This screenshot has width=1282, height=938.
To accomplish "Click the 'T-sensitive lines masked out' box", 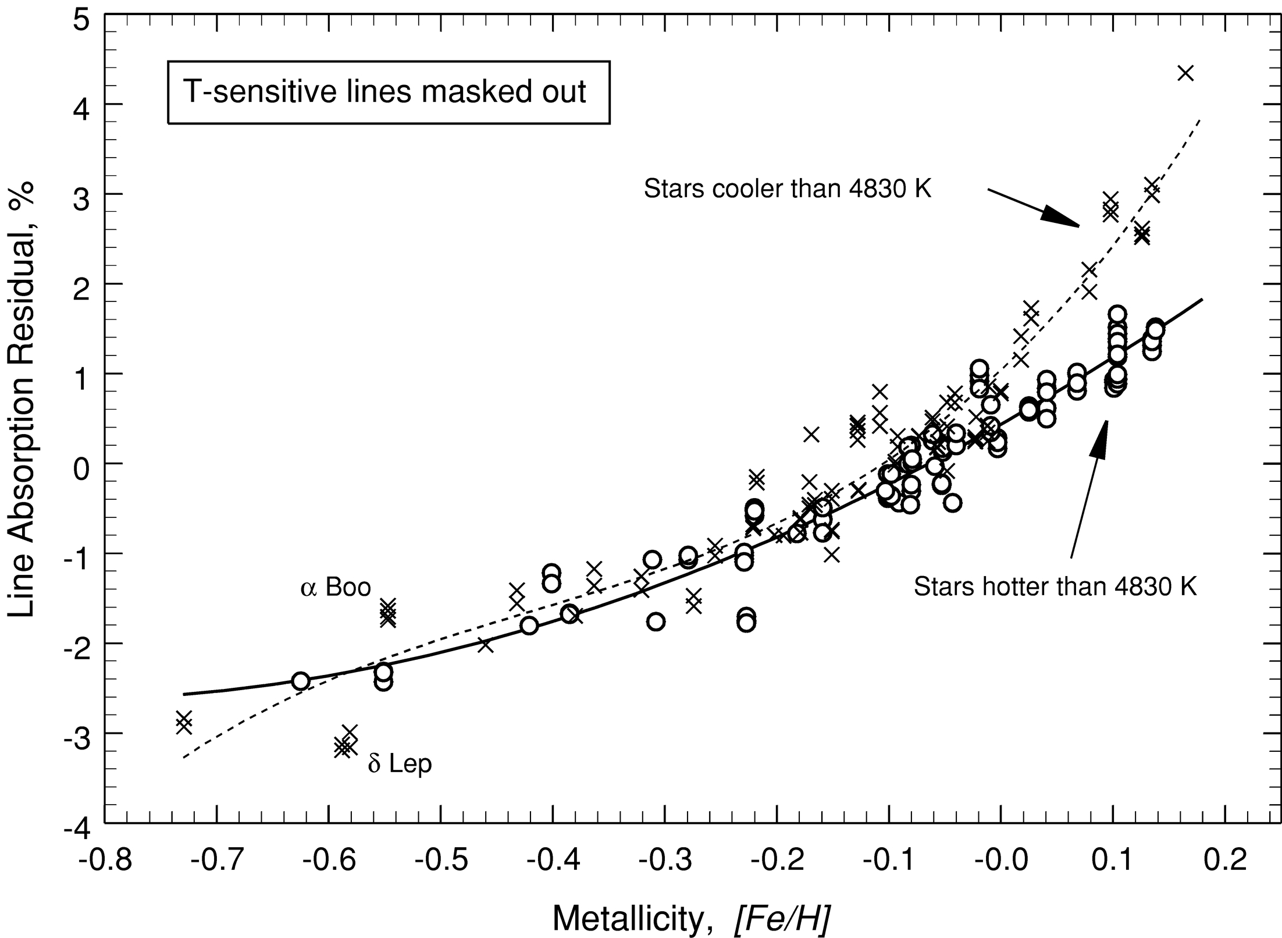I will tap(388, 93).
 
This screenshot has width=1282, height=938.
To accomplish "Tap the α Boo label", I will tap(336, 587).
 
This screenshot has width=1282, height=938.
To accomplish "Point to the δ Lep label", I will tap(400, 764).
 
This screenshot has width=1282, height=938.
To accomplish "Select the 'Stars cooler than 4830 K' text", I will tap(788, 189).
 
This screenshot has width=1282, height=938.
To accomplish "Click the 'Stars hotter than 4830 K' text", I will tap(1055, 587).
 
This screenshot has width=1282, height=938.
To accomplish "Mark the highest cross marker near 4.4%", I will tap(1185, 90).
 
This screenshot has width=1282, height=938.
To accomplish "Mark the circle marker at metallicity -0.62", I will tap(300, 680).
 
